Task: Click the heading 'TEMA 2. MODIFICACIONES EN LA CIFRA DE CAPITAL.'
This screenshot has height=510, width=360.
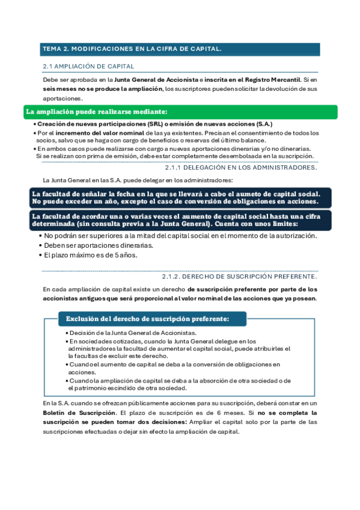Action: pyautogui.click(x=132, y=49)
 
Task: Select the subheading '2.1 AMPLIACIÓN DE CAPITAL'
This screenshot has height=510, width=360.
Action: pyautogui.click(x=88, y=66)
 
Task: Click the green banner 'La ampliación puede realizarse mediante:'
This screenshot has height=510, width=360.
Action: pyautogui.click(x=97, y=112)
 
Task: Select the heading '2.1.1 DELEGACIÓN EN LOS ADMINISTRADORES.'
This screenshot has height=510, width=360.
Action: pyautogui.click(x=240, y=167)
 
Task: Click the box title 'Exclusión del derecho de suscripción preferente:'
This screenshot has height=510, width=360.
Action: pyautogui.click(x=147, y=319)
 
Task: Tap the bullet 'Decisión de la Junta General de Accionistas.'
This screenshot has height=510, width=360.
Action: pyautogui.click(x=133, y=333)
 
